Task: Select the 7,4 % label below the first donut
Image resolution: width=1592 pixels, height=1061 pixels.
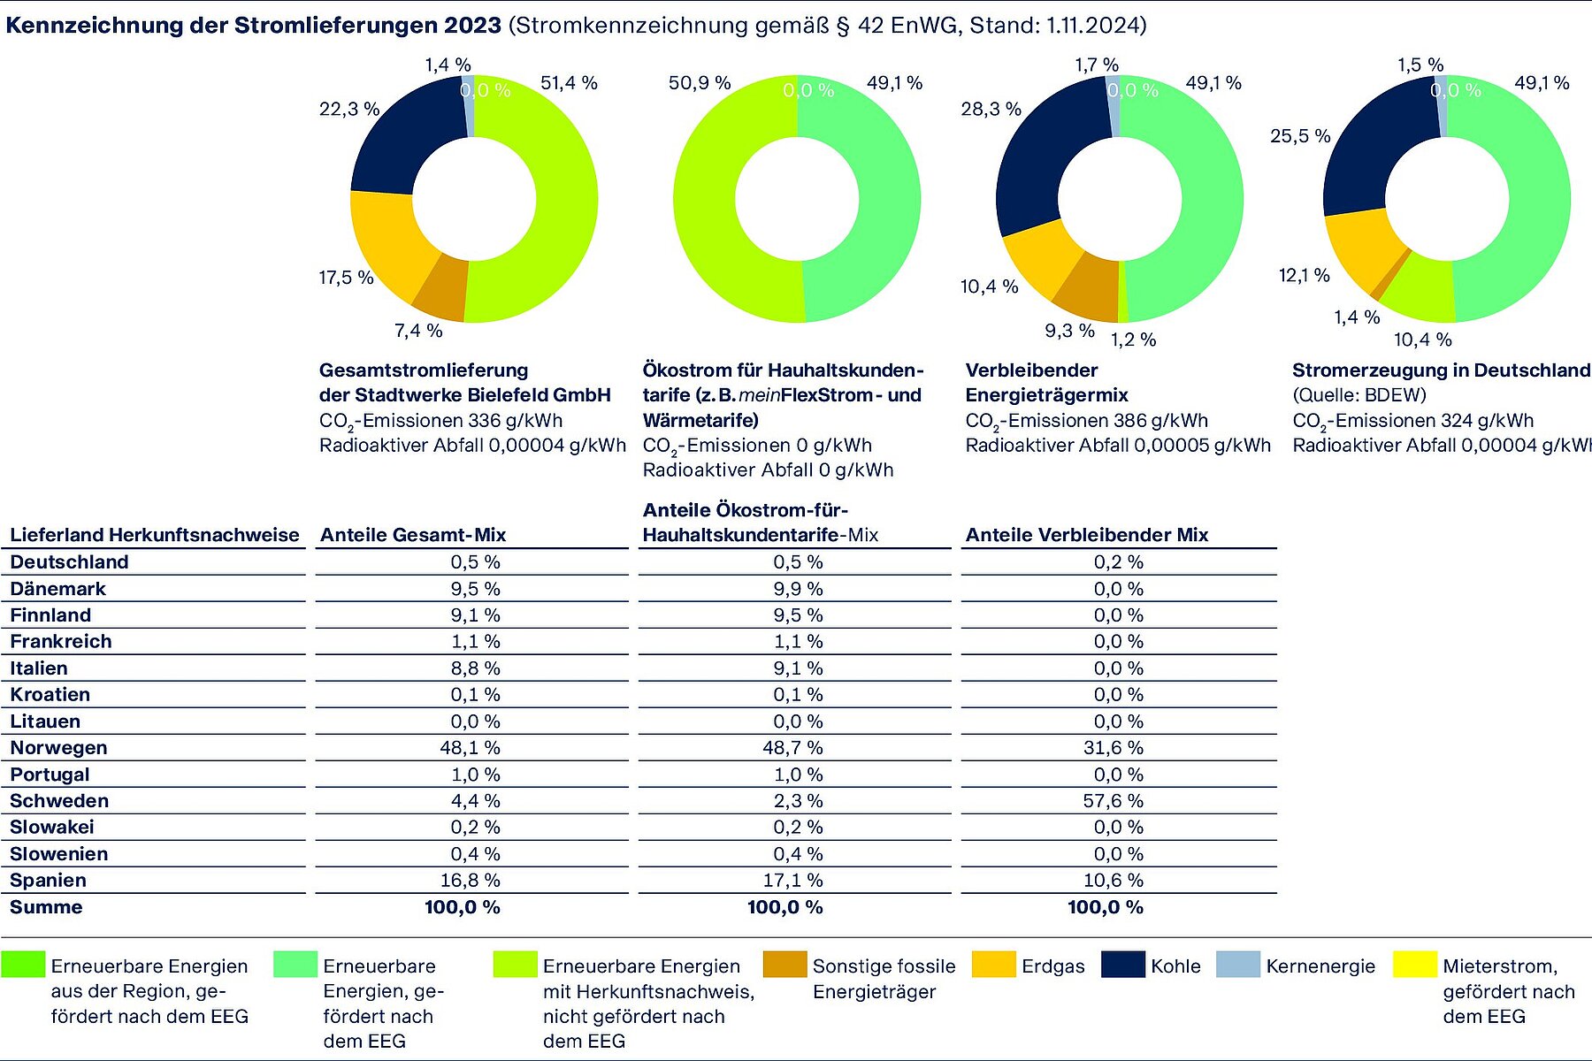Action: (418, 331)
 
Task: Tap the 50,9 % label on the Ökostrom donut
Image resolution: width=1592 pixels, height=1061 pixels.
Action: (700, 83)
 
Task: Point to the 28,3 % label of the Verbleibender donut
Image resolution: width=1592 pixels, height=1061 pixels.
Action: (991, 109)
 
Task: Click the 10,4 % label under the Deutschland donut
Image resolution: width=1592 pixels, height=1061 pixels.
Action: (1423, 340)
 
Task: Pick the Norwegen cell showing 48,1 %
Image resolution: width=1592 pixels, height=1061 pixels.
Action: (470, 748)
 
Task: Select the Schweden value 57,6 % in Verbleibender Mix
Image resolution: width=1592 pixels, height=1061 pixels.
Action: (1114, 801)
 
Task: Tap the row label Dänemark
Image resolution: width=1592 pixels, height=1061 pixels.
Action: (57, 589)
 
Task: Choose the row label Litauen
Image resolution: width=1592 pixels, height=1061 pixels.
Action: (45, 721)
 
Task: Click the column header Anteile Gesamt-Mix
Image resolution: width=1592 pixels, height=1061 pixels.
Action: (413, 535)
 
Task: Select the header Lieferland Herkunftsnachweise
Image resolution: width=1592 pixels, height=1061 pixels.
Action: (155, 535)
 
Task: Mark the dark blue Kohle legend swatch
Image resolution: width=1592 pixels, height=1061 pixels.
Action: (1123, 965)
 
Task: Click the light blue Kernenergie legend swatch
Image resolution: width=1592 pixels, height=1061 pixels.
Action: (1238, 965)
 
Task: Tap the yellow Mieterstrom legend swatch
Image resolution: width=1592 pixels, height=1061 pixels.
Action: (1414, 965)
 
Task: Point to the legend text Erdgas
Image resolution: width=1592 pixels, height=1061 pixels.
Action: (1052, 966)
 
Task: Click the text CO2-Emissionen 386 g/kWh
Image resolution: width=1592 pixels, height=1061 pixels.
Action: (1086, 422)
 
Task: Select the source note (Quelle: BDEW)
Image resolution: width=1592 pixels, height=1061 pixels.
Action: (1359, 395)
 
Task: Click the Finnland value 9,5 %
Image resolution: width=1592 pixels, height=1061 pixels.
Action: (798, 615)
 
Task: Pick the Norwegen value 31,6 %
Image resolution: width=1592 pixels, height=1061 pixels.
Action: (1114, 748)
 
